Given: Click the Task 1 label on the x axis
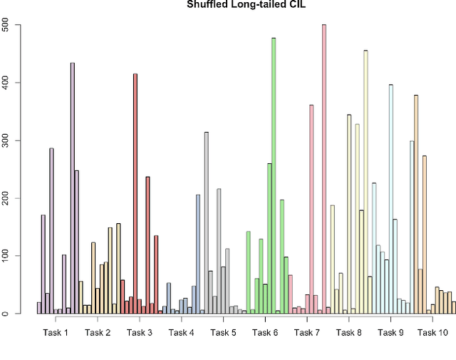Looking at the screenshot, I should click(x=56, y=333).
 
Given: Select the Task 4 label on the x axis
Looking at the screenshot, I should click(x=182, y=333).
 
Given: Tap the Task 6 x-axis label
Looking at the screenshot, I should click(x=266, y=333).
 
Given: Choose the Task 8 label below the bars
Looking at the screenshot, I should click(x=349, y=333).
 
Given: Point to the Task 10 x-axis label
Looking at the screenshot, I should click(x=433, y=333).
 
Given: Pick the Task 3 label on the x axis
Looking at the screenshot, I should click(x=140, y=333).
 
